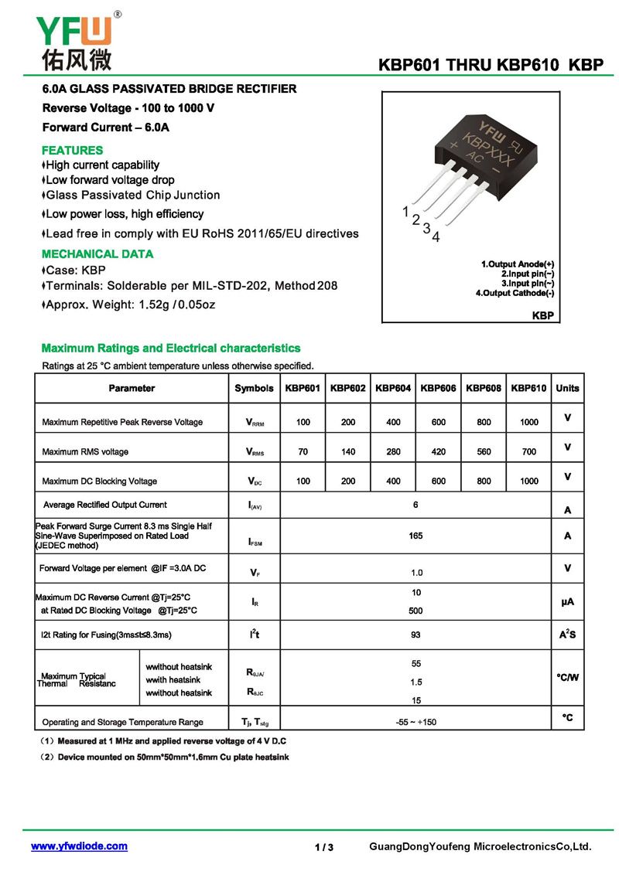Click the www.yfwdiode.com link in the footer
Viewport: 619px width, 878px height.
point(79,846)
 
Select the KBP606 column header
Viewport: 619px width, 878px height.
point(439,388)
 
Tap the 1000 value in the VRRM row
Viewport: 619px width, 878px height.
point(529,422)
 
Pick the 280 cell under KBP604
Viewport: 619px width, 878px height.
point(393,451)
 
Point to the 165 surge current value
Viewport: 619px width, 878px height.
point(416,535)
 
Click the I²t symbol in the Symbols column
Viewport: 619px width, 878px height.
point(254,635)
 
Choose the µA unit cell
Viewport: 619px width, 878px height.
point(567,601)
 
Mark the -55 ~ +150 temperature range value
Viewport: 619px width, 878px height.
point(416,722)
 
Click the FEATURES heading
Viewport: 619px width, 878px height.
point(72,150)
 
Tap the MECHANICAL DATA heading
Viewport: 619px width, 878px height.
point(97,254)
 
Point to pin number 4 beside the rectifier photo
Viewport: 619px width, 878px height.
point(436,237)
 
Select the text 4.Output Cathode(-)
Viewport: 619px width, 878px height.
point(515,293)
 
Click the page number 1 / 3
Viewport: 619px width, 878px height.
point(324,847)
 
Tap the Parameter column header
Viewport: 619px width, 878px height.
point(132,388)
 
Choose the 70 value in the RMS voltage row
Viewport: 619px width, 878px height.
point(303,451)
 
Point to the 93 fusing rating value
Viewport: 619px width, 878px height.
point(416,635)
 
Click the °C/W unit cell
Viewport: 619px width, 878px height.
point(567,678)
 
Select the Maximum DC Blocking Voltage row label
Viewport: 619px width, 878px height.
point(100,481)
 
